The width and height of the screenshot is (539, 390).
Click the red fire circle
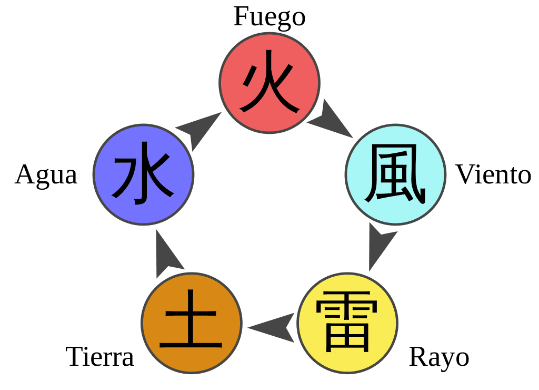coord(269,83)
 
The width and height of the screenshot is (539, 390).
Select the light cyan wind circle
coord(395,174)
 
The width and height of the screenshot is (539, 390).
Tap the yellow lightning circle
coord(347,323)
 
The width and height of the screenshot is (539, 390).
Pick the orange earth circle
coord(192,323)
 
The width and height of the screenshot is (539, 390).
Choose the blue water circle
coord(144,174)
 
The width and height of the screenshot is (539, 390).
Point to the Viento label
coord(493,174)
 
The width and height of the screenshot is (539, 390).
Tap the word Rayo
coord(439,358)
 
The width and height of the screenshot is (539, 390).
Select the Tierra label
coord(99,357)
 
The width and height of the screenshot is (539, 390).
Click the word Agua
coord(46,175)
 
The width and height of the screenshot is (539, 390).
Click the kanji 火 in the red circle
coord(269,82)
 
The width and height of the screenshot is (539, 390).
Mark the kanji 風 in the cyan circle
coord(395,174)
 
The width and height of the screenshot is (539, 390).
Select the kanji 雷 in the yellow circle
coord(347,322)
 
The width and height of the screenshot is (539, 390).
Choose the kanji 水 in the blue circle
coord(142,173)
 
